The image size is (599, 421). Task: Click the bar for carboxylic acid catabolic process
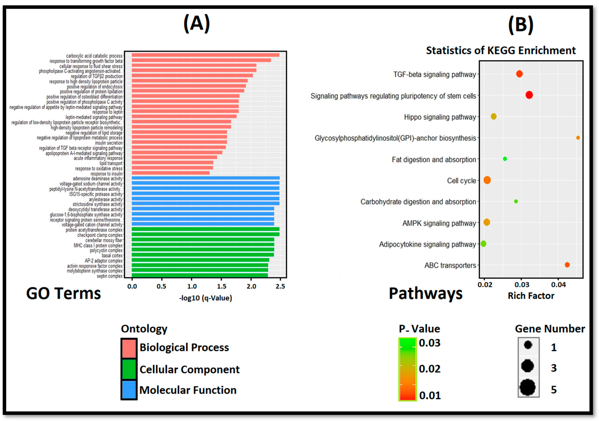[x=205, y=55]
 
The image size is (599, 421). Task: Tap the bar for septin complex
[x=200, y=275]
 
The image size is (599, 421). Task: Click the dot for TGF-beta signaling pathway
[x=519, y=74]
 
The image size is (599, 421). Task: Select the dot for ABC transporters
[x=567, y=265]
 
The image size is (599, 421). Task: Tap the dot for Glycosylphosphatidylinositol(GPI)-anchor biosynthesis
[x=578, y=138]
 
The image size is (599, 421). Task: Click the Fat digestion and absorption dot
[x=505, y=159]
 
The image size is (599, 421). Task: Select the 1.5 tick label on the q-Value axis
[x=221, y=286]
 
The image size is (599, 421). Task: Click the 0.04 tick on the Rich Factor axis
[x=558, y=285]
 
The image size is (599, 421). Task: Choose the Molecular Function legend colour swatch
[x=129, y=390]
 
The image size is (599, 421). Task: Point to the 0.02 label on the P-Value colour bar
[x=429, y=369]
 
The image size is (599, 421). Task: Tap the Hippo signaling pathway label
[x=440, y=117]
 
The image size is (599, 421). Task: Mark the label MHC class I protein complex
[x=98, y=245]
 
